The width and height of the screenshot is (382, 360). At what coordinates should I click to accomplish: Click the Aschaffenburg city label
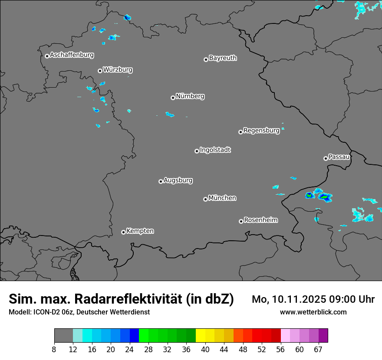pyautogui.click(x=72, y=55)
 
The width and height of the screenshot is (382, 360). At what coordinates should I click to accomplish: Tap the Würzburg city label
pyautogui.click(x=118, y=70)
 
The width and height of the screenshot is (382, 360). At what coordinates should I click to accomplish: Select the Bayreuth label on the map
pyautogui.click(x=223, y=58)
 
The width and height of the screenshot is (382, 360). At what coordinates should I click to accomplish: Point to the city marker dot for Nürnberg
pyautogui.click(x=173, y=98)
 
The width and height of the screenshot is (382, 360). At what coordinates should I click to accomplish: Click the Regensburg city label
pyautogui.click(x=261, y=131)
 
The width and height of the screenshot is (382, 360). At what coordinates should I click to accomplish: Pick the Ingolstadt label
pyautogui.click(x=215, y=150)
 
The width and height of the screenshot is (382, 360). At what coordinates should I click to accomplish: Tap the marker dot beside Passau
pyautogui.click(x=326, y=158)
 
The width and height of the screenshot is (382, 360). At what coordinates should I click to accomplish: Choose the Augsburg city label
pyautogui.click(x=178, y=180)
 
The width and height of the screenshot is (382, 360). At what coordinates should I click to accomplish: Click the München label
pyautogui.click(x=222, y=198)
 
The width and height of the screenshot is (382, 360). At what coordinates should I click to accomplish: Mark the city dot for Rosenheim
pyautogui.click(x=241, y=222)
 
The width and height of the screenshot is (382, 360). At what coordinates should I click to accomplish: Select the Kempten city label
pyautogui.click(x=140, y=231)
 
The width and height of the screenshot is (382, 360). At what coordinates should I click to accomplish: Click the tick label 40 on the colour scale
pyautogui.click(x=205, y=350)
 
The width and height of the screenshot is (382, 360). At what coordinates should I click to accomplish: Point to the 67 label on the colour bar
pyautogui.click(x=318, y=350)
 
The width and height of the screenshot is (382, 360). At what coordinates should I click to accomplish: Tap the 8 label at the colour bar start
pyautogui.click(x=54, y=350)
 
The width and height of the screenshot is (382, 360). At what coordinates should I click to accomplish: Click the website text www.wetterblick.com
pyautogui.click(x=313, y=312)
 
